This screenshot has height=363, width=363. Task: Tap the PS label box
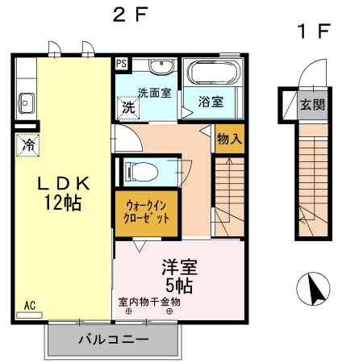[121, 63]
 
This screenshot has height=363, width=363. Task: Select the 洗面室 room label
[152, 92]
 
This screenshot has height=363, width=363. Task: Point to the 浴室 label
[211, 102]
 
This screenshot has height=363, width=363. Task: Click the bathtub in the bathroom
[213, 75]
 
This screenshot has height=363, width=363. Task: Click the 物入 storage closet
[229, 139]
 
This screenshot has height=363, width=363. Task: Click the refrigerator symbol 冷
[27, 146]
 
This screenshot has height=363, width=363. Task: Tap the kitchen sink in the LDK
[26, 102]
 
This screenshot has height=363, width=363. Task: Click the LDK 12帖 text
[61, 193]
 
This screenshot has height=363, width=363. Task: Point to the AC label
[29, 305]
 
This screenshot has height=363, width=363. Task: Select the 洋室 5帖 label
[179, 274]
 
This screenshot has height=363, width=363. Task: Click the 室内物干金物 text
[149, 302]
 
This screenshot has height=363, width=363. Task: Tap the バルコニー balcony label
[113, 340]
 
